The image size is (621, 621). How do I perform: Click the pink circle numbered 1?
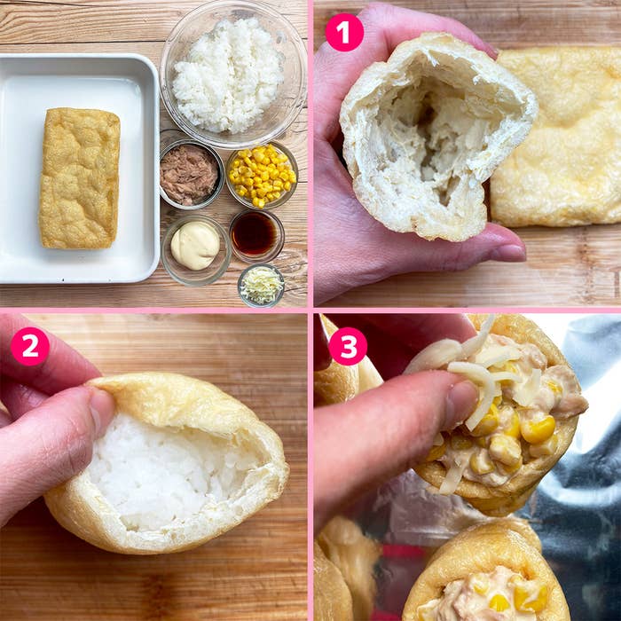pos(344,33)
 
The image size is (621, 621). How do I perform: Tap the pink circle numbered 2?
pos(29,346)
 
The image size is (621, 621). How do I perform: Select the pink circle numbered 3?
pos(348,346)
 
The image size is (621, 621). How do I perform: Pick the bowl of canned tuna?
pos(192,174)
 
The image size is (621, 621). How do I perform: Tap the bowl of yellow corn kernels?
pos(262,175)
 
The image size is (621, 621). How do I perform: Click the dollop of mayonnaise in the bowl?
pos(195,245)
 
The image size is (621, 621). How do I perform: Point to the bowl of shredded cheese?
pos(261,285)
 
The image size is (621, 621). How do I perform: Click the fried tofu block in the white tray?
pos(80,178)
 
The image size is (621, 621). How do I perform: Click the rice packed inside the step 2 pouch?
pos(167,471)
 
